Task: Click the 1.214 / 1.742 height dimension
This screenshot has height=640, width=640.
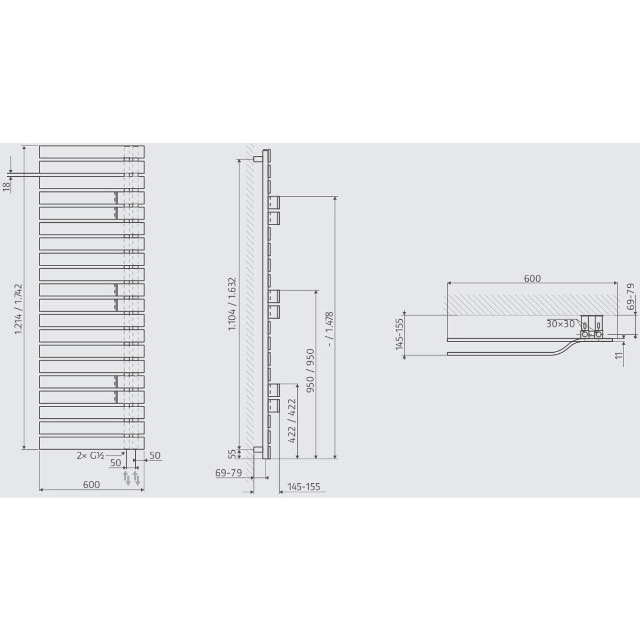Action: [18, 309]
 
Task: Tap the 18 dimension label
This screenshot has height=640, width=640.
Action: [7, 187]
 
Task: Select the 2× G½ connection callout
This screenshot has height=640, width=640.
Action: [90, 456]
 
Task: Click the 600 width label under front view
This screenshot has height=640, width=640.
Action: [91, 485]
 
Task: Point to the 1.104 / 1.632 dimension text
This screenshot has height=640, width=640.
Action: [232, 304]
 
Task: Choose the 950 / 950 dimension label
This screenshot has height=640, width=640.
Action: [311, 370]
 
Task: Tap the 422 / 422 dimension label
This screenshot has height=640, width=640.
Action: [292, 421]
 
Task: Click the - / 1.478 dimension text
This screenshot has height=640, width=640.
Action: [330, 329]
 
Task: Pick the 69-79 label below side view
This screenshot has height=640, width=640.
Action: [228, 473]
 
